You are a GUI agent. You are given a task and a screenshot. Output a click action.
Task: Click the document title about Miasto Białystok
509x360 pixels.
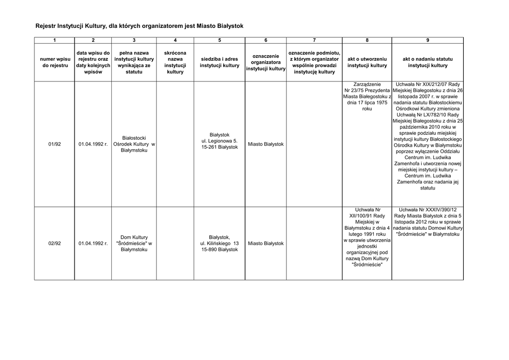tap(139, 25)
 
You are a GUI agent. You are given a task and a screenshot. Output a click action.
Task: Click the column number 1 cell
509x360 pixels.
tap(55, 40)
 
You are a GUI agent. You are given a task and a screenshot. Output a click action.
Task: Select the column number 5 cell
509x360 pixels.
tap(220, 40)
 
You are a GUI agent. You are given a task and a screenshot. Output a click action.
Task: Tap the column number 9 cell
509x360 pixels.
tap(427, 40)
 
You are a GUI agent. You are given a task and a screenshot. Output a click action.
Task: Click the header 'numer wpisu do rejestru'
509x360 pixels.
tap(55, 62)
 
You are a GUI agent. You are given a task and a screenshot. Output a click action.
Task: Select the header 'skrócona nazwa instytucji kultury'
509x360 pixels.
tap(175, 62)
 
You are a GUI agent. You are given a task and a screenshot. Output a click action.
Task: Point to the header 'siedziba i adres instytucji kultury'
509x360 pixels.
tap(220, 62)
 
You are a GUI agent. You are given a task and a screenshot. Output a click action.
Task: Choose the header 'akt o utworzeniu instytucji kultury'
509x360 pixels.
tap(367, 62)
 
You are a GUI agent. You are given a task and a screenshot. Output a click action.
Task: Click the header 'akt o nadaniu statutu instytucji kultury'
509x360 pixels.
tap(427, 62)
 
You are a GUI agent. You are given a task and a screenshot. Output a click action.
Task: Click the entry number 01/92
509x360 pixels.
tap(55, 144)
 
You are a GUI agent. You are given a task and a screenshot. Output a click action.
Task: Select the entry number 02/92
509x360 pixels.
tap(55, 244)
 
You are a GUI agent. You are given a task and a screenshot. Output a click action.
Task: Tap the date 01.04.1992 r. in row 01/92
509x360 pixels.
tap(93, 144)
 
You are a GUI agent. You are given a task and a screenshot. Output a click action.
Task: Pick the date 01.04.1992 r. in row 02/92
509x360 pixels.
tap(93, 244)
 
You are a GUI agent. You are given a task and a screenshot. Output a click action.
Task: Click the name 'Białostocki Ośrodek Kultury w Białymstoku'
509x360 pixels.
tap(134, 144)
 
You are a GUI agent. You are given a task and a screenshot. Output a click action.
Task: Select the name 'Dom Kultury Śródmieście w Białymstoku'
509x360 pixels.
tap(134, 244)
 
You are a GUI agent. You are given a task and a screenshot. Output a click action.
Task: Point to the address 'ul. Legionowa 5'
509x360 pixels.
tap(220, 141)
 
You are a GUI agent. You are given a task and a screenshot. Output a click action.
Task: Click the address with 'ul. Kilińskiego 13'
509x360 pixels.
tap(220, 244)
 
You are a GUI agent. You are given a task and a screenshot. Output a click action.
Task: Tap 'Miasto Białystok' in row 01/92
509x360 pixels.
tap(265, 144)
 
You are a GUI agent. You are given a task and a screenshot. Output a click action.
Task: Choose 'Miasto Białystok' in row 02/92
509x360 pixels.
tap(265, 244)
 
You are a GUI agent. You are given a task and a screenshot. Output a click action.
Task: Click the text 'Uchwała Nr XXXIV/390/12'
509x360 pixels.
tap(427, 210)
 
